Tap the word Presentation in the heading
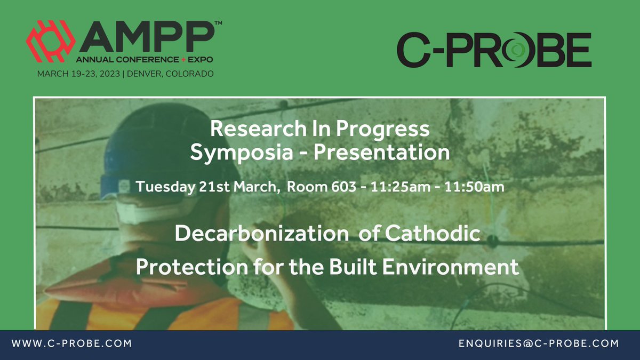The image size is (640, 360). pyautogui.click(x=382, y=153)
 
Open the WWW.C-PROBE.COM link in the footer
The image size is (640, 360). pyautogui.click(x=71, y=344)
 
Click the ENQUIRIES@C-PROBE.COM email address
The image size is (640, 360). pyautogui.click(x=539, y=344)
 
